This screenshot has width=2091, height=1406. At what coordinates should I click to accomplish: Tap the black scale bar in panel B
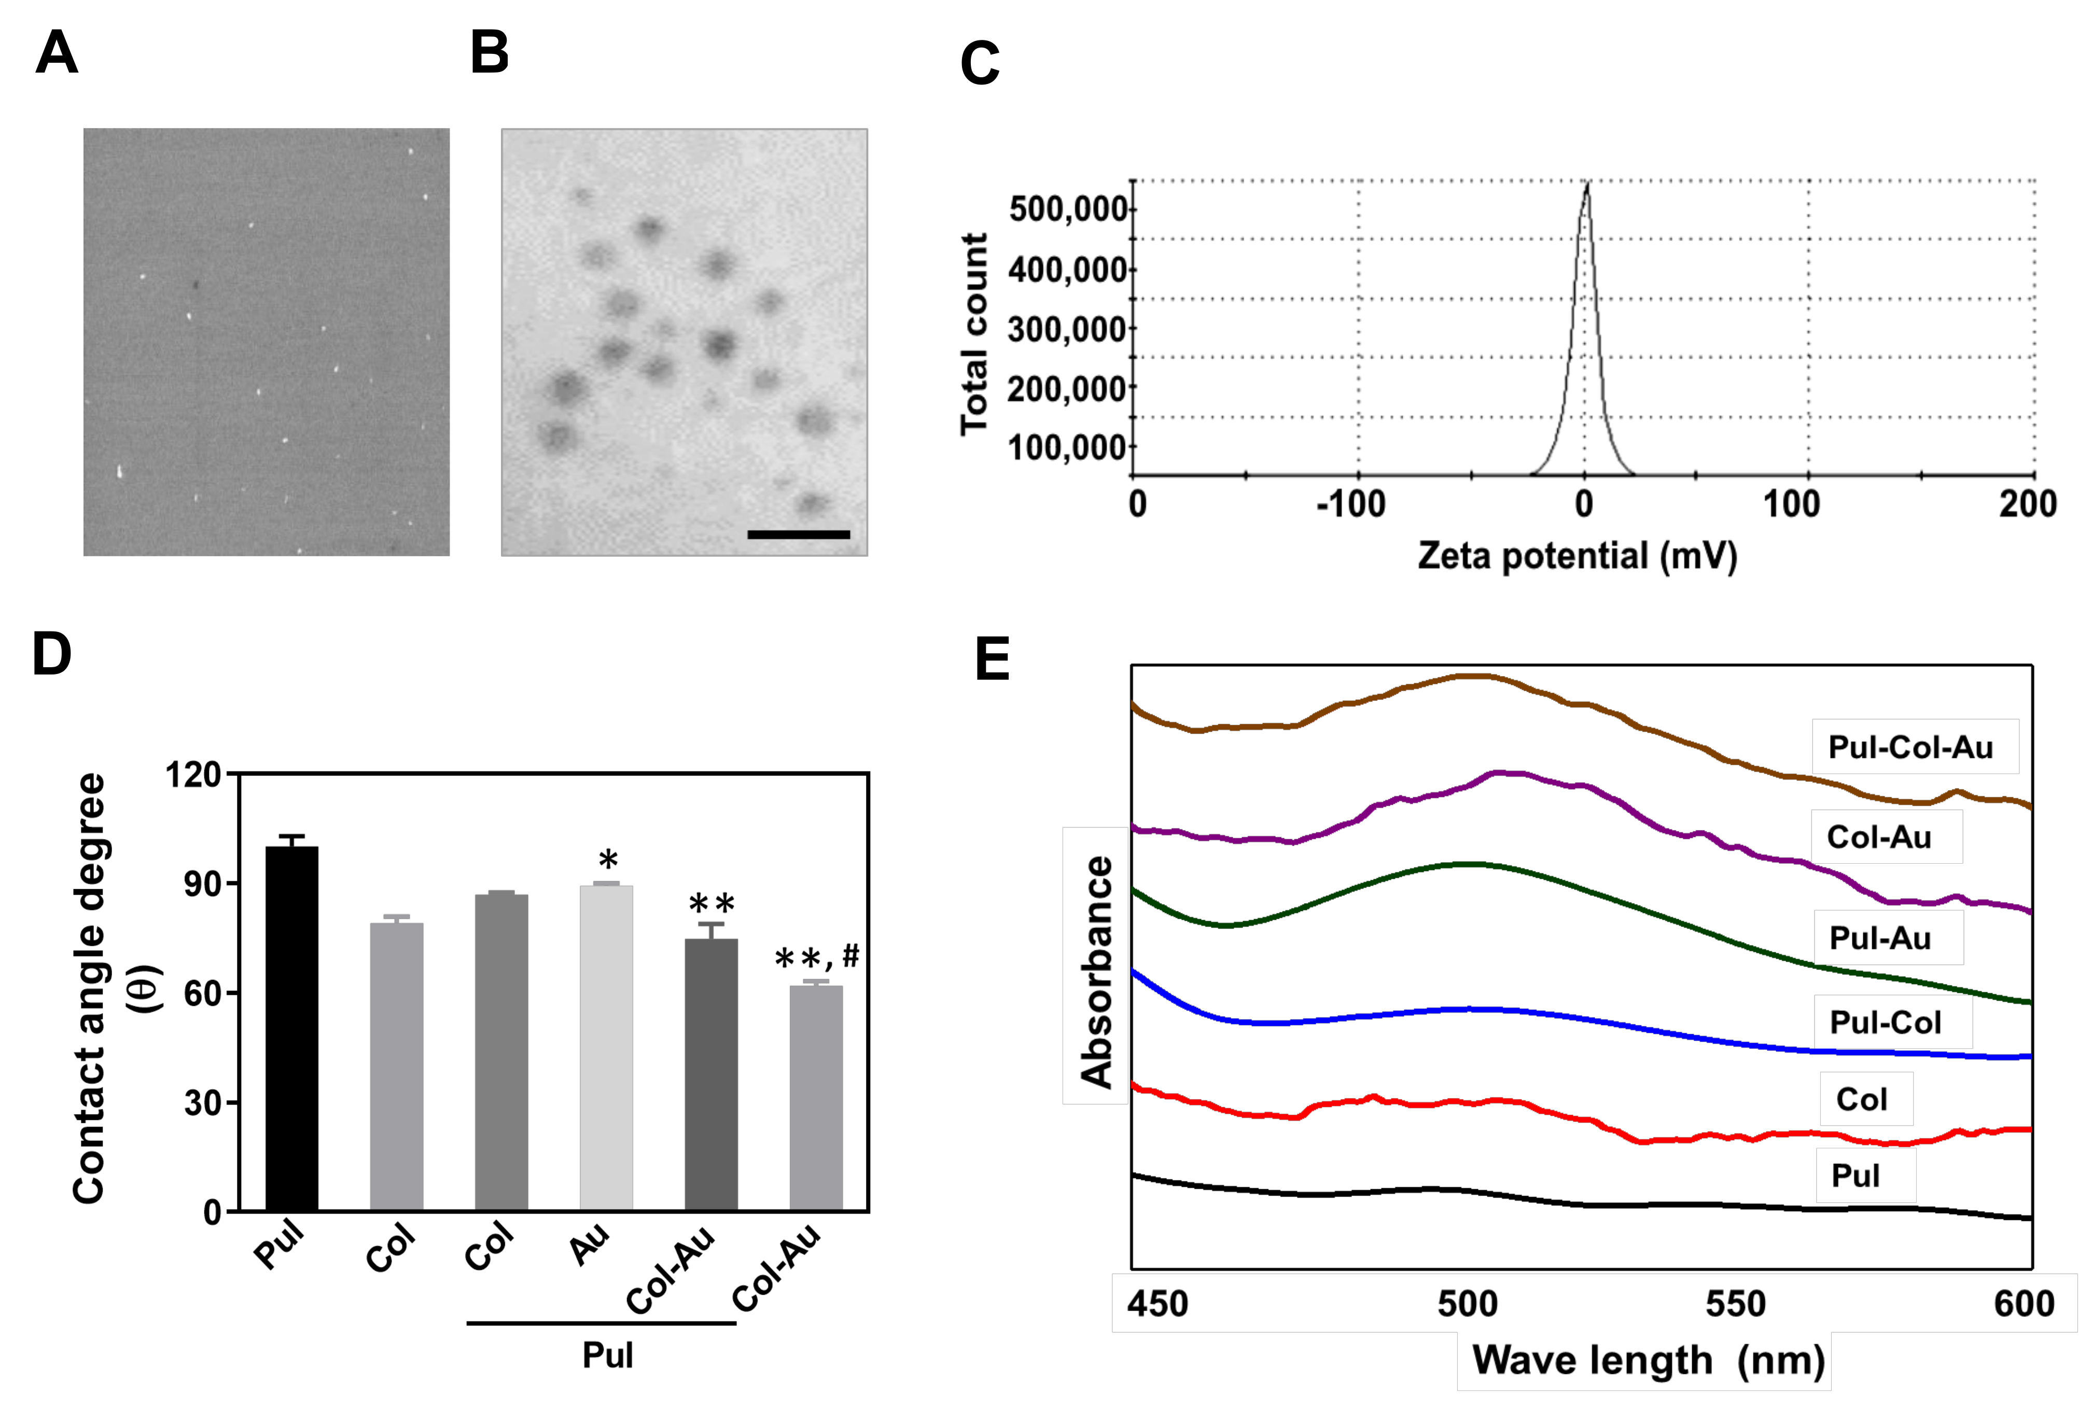coord(798,535)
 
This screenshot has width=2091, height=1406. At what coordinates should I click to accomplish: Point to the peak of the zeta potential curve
coord(1587,186)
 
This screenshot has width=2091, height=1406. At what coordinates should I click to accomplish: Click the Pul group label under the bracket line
coord(607,1355)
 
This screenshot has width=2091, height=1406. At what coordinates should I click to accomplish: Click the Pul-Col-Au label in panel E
coord(1910,747)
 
